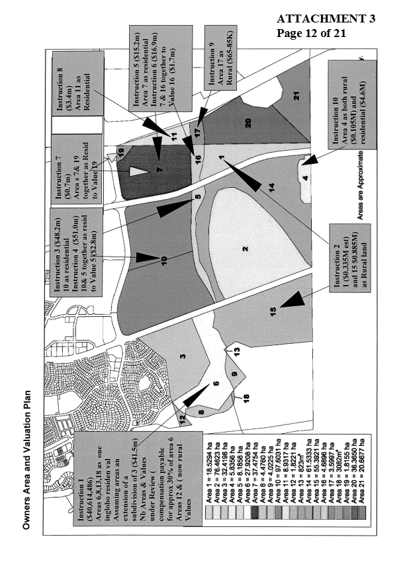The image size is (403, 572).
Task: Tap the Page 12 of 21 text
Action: (x=311, y=32)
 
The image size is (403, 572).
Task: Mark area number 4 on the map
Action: (x=305, y=177)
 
